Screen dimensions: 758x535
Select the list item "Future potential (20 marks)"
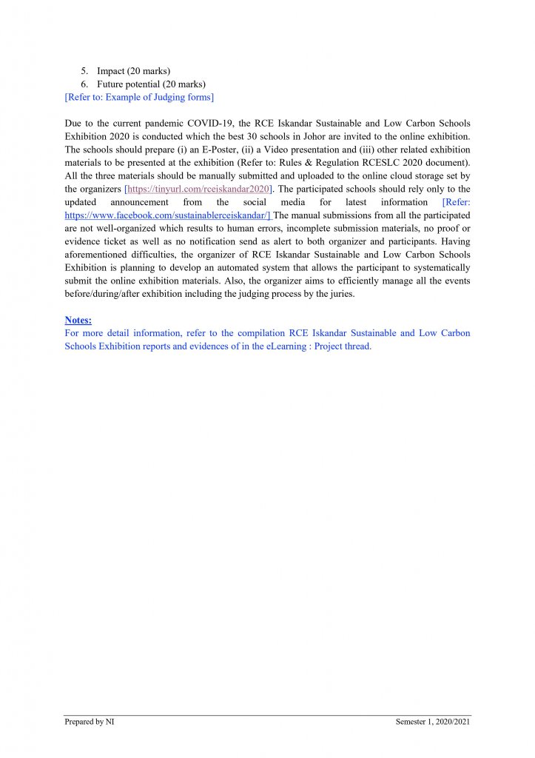(x=151, y=84)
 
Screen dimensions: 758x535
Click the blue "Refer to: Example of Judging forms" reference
(x=139, y=97)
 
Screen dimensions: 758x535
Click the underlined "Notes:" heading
(x=78, y=321)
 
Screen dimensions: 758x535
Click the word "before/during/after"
(x=101, y=294)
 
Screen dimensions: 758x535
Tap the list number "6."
(x=85, y=84)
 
